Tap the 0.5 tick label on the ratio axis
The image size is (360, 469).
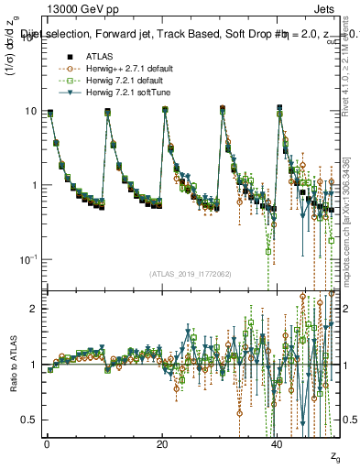(x=28, y=420)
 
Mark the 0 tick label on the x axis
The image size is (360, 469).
(x=47, y=443)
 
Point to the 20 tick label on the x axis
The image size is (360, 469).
(x=162, y=443)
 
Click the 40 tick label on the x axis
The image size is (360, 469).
(x=278, y=443)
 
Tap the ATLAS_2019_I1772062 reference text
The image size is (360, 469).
(x=190, y=274)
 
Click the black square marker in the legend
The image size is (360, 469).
(x=57, y=57)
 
